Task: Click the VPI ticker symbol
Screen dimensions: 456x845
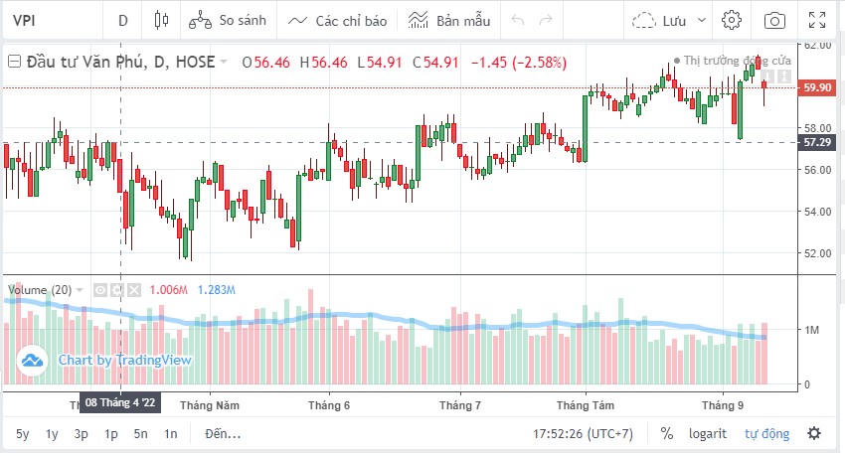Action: click(x=26, y=20)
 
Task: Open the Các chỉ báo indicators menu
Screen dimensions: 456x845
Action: click(x=337, y=20)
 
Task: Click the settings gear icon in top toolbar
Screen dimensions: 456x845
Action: click(x=732, y=20)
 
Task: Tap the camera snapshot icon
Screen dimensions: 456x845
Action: click(x=774, y=20)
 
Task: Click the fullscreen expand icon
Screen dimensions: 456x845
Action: click(x=817, y=20)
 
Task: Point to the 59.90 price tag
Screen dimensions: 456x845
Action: click(x=818, y=87)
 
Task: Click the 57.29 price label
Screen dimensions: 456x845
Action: click(x=818, y=143)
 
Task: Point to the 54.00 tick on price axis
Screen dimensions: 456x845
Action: click(x=818, y=211)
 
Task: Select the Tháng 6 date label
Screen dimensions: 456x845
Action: click(x=329, y=405)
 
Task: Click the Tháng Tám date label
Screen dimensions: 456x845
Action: click(x=586, y=405)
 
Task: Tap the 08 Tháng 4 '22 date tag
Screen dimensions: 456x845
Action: click(x=120, y=403)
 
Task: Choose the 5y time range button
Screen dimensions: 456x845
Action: click(x=22, y=433)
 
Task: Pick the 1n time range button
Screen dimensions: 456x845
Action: click(x=171, y=433)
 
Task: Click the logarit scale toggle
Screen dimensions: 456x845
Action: click(x=708, y=433)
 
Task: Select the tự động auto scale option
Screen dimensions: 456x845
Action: click(x=767, y=433)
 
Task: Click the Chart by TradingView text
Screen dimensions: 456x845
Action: click(x=124, y=360)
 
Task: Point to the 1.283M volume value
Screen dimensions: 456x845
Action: click(x=217, y=290)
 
